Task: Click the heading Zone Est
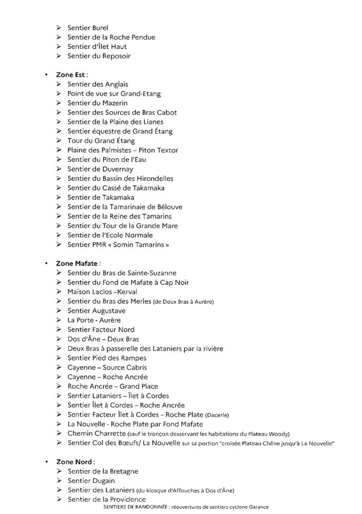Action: point(71,75)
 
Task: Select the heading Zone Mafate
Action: point(77,264)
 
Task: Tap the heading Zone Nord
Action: point(74,462)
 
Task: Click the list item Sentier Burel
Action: point(88,28)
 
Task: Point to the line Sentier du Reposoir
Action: point(99,56)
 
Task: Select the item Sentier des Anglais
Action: point(98,84)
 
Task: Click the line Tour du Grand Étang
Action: point(101,141)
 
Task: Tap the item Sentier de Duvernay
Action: point(100,169)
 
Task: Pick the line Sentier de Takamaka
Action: point(101,197)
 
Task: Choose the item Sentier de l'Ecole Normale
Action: point(110,235)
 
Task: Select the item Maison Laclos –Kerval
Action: point(102,292)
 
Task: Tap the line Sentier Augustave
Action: point(97,311)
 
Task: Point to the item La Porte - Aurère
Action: point(94,320)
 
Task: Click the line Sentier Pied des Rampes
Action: point(107,358)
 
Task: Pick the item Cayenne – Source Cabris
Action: point(107,368)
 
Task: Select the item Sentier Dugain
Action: point(91,481)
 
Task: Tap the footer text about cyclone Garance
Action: point(185,507)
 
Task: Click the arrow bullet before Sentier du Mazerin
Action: point(59,103)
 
